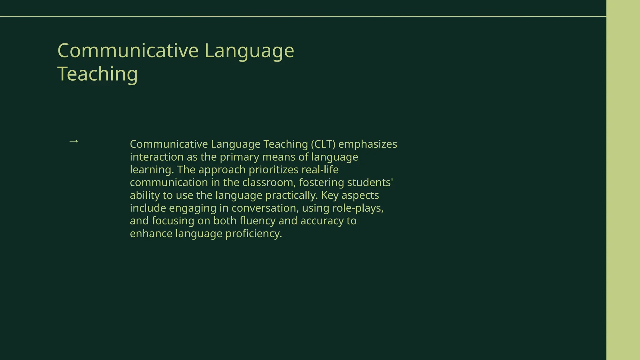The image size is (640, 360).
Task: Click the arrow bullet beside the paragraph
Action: [x=73, y=141]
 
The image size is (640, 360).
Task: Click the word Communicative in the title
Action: [x=128, y=51]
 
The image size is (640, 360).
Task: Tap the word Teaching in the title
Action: [x=97, y=74]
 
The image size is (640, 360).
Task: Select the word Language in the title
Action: [x=249, y=51]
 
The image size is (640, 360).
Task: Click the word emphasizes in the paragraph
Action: [x=367, y=144]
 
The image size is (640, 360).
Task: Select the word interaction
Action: [x=157, y=157]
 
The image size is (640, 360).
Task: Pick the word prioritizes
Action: [x=273, y=170]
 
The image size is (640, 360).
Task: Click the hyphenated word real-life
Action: [x=320, y=170]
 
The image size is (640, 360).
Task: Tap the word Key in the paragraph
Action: [x=329, y=195]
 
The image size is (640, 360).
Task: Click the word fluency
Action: [x=257, y=221]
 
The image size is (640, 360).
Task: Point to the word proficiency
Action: [x=253, y=234]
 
